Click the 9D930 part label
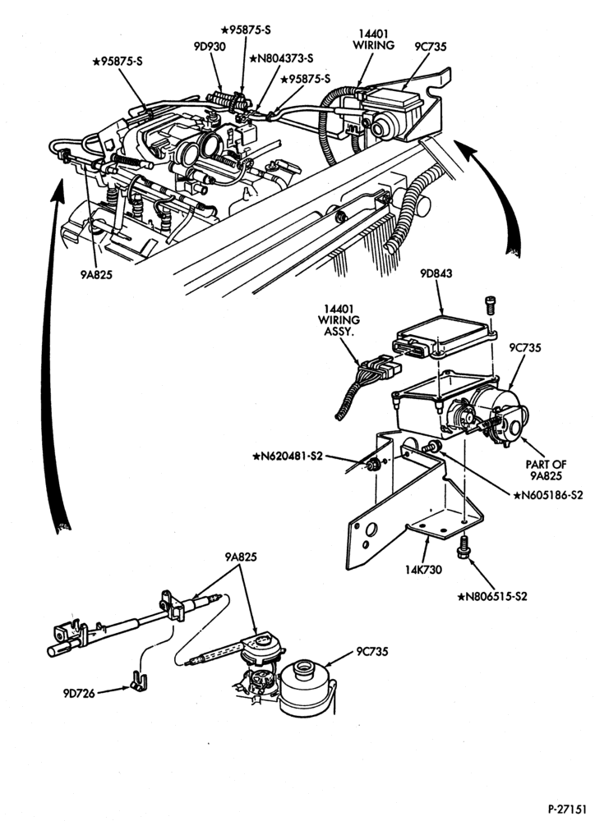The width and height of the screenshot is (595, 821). tap(210, 47)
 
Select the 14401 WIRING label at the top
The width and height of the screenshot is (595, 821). tap(373, 39)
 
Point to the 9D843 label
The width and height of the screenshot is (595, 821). tap(435, 273)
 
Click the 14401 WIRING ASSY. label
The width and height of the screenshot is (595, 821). tap(341, 320)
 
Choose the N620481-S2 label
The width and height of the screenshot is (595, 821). tap(288, 456)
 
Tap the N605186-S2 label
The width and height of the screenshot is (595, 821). tap(548, 495)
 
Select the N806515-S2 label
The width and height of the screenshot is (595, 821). tap(491, 596)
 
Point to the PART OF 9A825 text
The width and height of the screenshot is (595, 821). tap(546, 470)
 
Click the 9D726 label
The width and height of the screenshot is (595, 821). tap(79, 694)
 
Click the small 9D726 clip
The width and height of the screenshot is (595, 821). tap(138, 681)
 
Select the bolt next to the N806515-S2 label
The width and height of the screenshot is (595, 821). tap(464, 547)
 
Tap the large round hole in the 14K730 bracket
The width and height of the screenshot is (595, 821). tap(371, 530)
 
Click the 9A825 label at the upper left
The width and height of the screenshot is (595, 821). tap(96, 274)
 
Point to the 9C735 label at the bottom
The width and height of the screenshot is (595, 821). tap(372, 652)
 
